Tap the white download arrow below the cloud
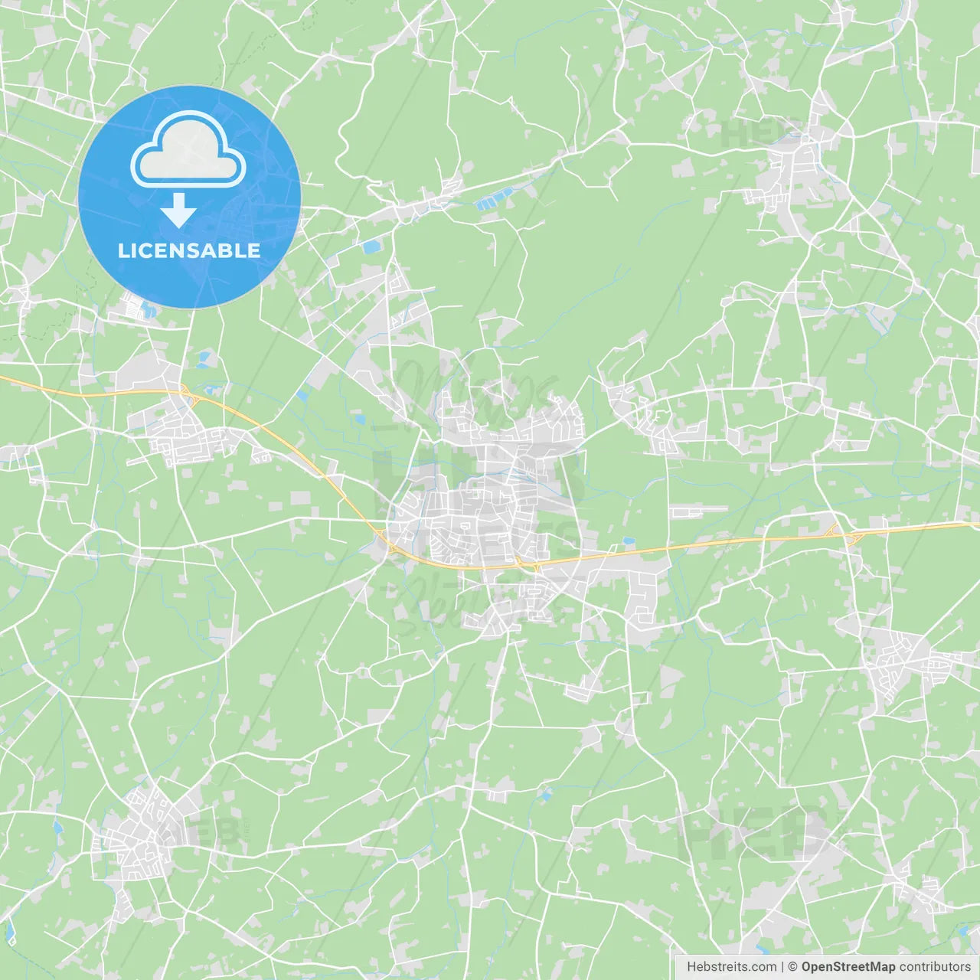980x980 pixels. pos(179,211)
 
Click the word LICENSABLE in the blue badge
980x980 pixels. pos(189,250)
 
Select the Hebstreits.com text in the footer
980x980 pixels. pos(731,967)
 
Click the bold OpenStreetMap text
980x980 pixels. pos(848,967)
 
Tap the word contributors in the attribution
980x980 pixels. pos(935,967)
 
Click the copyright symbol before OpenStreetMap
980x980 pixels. pos(792,967)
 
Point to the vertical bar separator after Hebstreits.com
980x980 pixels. pos(782,967)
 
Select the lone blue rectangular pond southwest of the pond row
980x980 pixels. pos(371,247)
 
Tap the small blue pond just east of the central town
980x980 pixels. pos(629,541)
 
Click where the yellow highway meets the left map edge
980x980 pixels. pos(2,377)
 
